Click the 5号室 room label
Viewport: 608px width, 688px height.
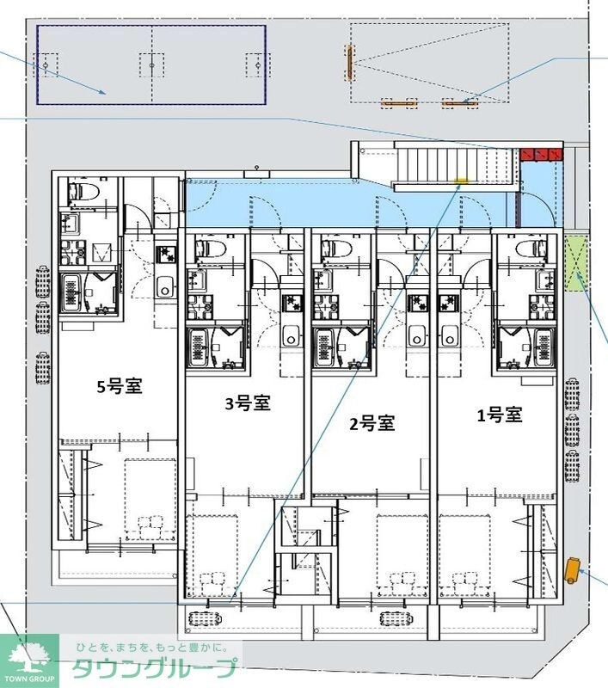pos(119,387)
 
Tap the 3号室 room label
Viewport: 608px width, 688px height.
pos(249,404)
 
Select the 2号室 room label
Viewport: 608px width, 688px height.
pos(372,423)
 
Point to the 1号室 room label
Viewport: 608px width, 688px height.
pos(500,415)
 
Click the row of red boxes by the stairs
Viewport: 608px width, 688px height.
pos(540,155)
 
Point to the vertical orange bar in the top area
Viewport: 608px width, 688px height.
pos(350,63)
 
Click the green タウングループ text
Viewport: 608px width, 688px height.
pos(153,668)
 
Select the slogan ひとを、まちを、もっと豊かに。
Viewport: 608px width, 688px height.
pos(151,647)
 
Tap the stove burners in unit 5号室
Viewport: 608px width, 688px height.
pos(165,255)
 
